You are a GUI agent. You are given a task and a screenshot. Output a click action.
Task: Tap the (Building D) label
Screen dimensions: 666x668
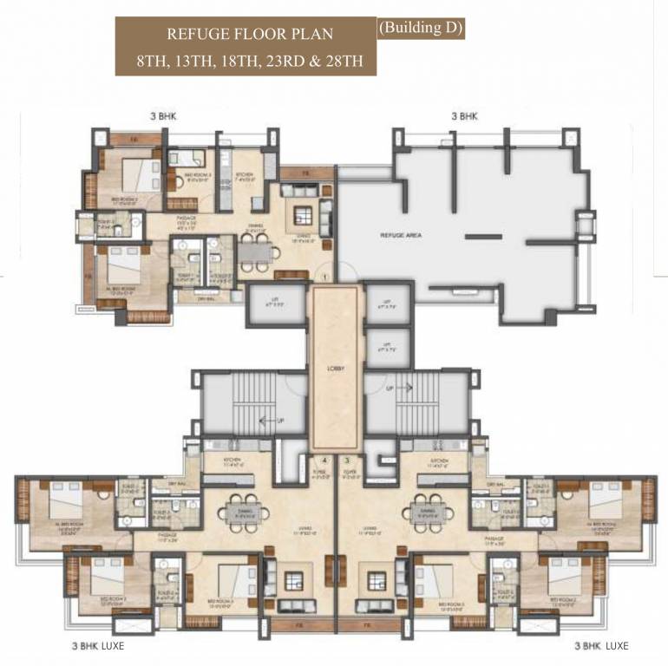click(421, 28)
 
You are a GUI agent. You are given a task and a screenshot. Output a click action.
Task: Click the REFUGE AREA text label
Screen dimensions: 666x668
click(401, 235)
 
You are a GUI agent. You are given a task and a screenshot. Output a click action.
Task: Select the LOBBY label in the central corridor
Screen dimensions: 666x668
click(337, 369)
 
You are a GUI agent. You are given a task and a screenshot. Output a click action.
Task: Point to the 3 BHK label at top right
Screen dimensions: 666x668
click(464, 114)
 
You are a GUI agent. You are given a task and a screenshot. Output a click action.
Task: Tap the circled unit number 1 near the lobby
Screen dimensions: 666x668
click(324, 277)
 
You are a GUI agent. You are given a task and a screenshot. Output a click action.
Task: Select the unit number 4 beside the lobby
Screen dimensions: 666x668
click(324, 461)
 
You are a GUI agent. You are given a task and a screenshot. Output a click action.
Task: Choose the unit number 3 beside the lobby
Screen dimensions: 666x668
click(349, 461)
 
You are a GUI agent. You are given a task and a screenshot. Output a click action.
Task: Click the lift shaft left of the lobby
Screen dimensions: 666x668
click(276, 304)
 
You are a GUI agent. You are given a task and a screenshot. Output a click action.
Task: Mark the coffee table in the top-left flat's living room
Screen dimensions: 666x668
click(304, 214)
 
